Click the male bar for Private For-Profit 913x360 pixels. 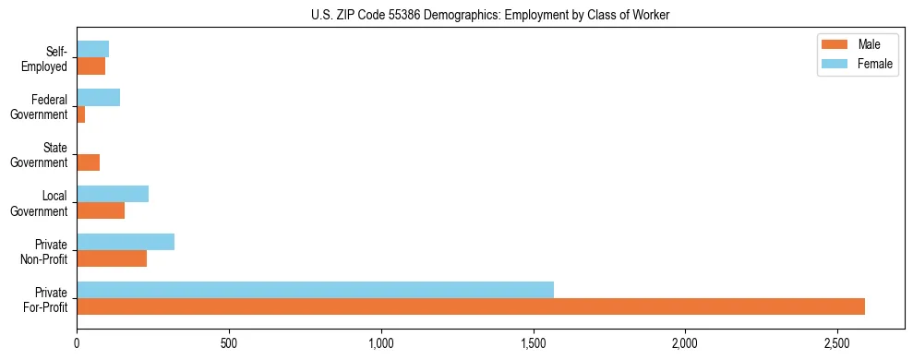pyautogui.click(x=471, y=306)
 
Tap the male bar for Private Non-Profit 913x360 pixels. pyautogui.click(x=112, y=258)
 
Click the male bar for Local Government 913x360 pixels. pyautogui.click(x=101, y=210)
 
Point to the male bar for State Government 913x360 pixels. pyautogui.click(x=88, y=162)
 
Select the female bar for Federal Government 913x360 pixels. pyautogui.click(x=98, y=98)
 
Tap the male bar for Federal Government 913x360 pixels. pyautogui.click(x=81, y=114)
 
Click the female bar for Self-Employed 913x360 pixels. pyautogui.click(x=92, y=49)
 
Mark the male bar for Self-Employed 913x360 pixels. pyautogui.click(x=90, y=66)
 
